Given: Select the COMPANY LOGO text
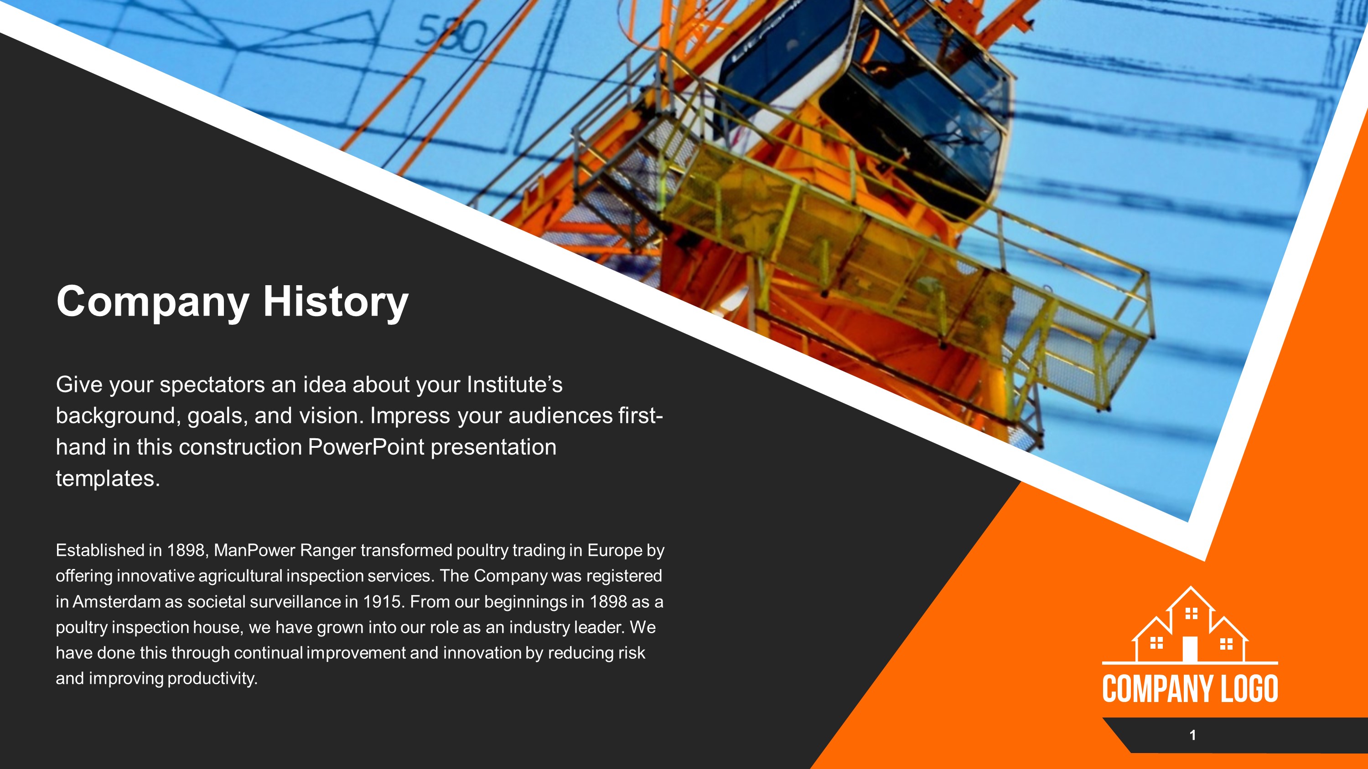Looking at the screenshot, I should [x=1190, y=689].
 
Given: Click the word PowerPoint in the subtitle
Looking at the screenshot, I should [x=366, y=447].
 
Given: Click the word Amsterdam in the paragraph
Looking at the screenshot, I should [x=116, y=602].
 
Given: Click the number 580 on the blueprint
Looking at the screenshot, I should [x=451, y=35].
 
